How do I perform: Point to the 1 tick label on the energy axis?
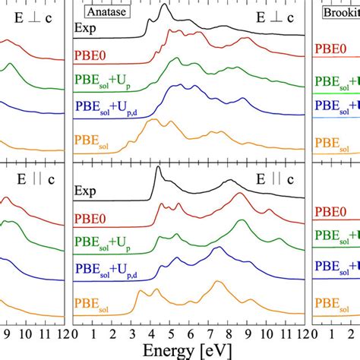pyautogui.click(x=92, y=333)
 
